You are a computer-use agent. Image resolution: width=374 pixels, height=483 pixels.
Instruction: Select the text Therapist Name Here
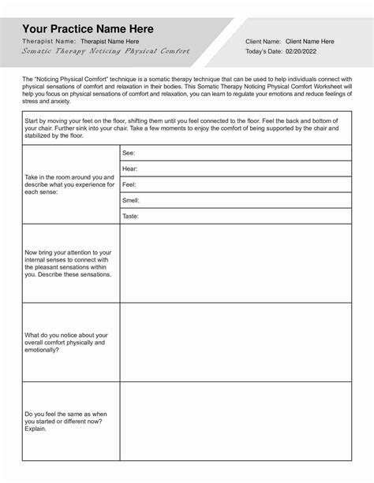(x=110, y=41)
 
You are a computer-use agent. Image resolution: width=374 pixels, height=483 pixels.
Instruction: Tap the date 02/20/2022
(x=301, y=51)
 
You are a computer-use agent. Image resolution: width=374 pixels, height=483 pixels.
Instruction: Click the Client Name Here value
(x=309, y=41)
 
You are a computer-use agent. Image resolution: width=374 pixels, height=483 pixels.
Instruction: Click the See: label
(x=129, y=153)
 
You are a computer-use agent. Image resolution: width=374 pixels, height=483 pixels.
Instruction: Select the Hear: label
(x=129, y=169)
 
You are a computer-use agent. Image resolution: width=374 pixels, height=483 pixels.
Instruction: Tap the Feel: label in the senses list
(x=129, y=184)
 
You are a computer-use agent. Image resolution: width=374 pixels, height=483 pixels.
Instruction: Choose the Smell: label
(x=131, y=200)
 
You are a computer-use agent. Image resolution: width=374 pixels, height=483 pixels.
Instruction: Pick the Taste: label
(x=131, y=216)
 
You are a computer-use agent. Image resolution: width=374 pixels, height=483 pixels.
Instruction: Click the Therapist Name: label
(x=50, y=41)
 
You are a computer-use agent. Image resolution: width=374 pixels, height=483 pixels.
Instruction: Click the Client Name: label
(x=263, y=41)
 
